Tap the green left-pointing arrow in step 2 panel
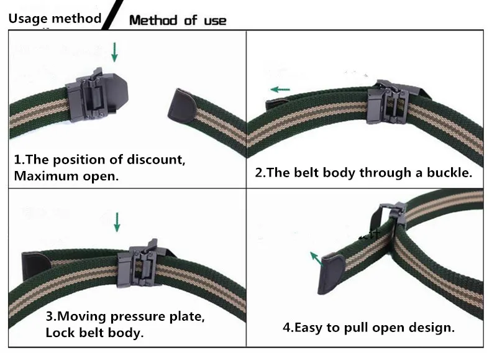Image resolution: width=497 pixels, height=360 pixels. (x=281, y=90)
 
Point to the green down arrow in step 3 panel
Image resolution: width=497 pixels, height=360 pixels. (x=116, y=223)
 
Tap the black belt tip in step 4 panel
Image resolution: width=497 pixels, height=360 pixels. (x=331, y=275)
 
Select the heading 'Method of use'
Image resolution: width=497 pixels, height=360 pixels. (x=178, y=21)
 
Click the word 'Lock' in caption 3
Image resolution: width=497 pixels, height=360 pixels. (x=60, y=333)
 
